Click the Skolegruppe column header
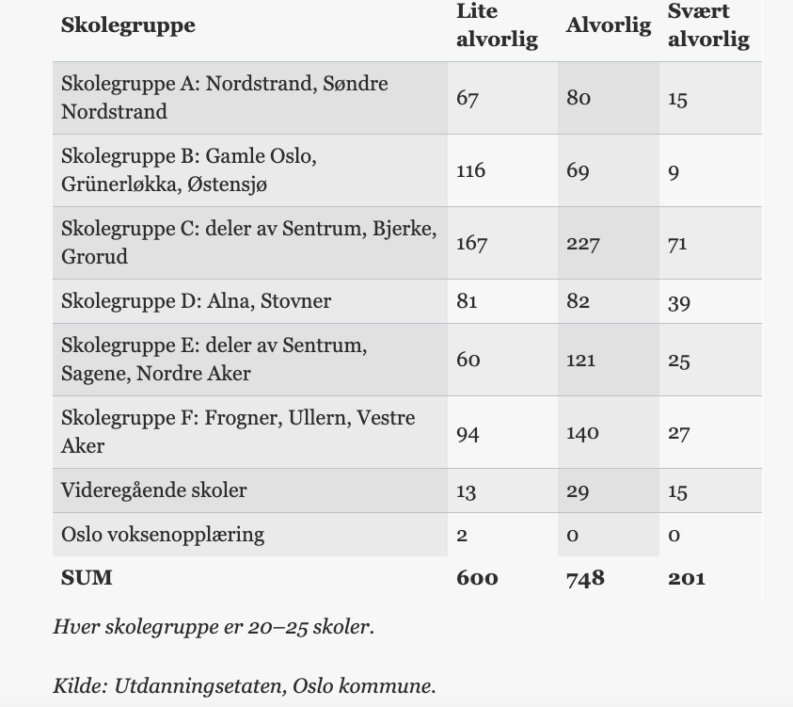(x=128, y=25)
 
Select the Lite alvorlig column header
(x=497, y=25)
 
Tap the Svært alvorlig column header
(x=708, y=25)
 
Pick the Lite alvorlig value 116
(x=470, y=170)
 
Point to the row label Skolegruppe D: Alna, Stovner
(x=196, y=301)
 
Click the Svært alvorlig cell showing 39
(x=678, y=301)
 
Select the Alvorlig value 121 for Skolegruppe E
(x=580, y=360)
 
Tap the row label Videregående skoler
(x=153, y=490)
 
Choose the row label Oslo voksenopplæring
(x=163, y=535)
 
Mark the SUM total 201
(x=686, y=578)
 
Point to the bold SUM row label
(x=87, y=578)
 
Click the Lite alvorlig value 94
(x=468, y=432)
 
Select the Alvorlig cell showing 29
(x=579, y=490)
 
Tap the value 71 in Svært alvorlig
(x=677, y=243)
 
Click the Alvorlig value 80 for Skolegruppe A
(x=579, y=98)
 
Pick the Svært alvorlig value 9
(x=674, y=170)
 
